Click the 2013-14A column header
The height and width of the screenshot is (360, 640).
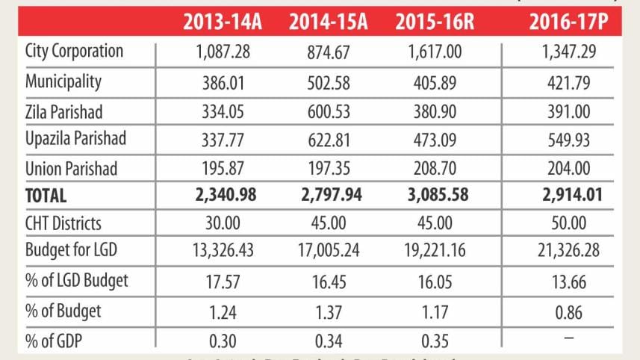click(223, 22)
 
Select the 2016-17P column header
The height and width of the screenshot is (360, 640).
click(565, 22)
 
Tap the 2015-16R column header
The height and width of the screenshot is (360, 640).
click(435, 22)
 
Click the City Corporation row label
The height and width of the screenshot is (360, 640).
click(74, 52)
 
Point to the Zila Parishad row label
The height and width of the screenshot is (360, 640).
click(63, 111)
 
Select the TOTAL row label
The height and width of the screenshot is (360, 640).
click(46, 196)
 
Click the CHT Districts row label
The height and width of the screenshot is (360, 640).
click(63, 223)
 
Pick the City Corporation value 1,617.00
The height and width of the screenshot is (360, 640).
click(435, 53)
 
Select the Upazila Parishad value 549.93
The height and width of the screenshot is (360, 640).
click(565, 139)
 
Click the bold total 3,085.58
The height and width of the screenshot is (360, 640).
click(435, 196)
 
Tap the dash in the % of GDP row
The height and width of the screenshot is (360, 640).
click(565, 338)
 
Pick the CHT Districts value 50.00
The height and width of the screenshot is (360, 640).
click(565, 223)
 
